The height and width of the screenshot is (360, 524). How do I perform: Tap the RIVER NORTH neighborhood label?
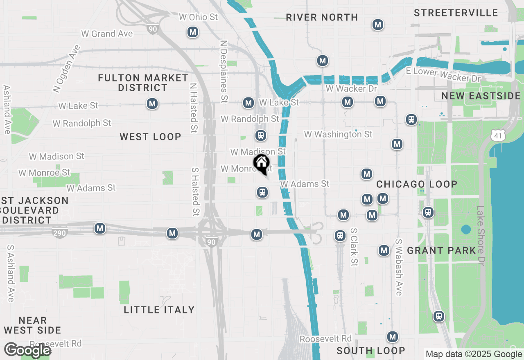[322, 17]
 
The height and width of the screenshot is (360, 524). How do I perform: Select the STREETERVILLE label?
[456, 13]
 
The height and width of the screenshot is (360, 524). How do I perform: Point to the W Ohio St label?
[199, 17]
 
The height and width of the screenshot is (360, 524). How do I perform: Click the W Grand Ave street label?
[107, 34]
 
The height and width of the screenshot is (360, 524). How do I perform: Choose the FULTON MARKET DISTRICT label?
[143, 83]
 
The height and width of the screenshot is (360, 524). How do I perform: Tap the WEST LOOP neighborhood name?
[150, 137]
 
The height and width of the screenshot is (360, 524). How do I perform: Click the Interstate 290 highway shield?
[60, 233]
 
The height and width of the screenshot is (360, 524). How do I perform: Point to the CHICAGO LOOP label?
[417, 184]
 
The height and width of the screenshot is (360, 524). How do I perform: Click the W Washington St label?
[338, 134]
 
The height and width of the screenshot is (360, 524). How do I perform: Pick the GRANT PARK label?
[441, 250]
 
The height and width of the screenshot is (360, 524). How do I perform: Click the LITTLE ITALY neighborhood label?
[159, 310]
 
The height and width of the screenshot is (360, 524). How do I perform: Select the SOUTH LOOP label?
[370, 351]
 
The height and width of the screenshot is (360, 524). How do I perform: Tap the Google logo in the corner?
[27, 350]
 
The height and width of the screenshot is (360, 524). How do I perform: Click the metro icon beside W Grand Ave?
[193, 32]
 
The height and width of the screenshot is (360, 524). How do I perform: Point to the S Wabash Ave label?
[398, 268]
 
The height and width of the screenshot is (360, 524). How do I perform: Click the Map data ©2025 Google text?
[474, 354]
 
